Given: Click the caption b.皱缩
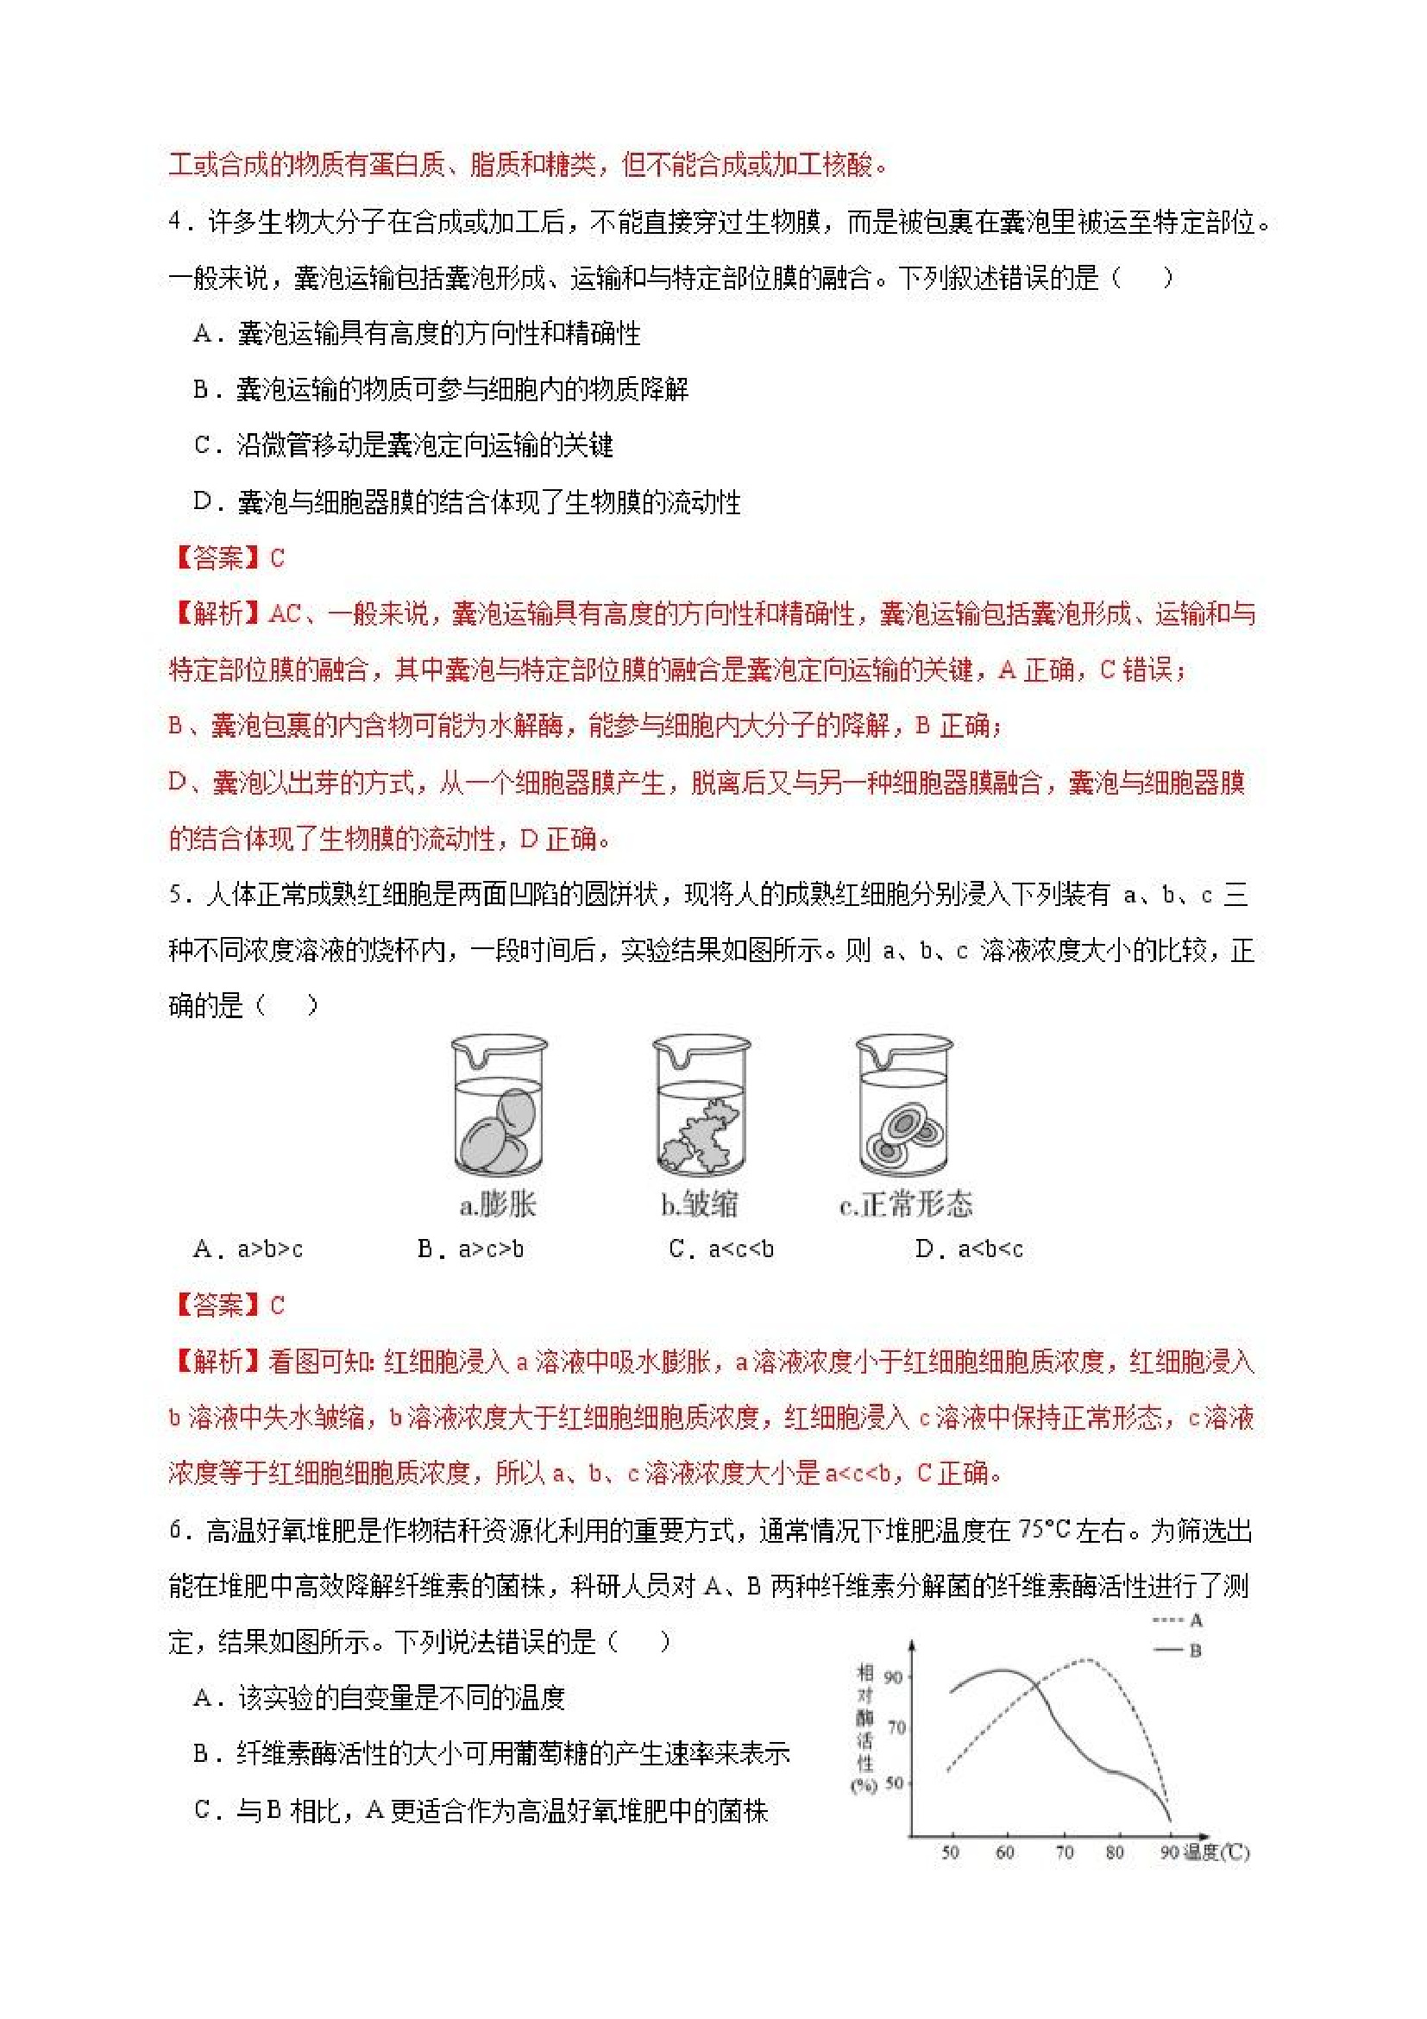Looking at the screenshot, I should point(700,1204).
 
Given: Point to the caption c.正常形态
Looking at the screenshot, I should point(906,1204).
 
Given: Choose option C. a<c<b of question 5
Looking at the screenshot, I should point(721,1249).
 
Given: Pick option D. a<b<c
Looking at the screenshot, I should point(969,1249).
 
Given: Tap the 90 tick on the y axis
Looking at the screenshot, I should point(892,1677).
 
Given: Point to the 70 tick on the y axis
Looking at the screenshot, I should point(896,1728).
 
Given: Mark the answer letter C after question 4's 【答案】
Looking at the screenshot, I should point(278,557).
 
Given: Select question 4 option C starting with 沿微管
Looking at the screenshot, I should point(404,445).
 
